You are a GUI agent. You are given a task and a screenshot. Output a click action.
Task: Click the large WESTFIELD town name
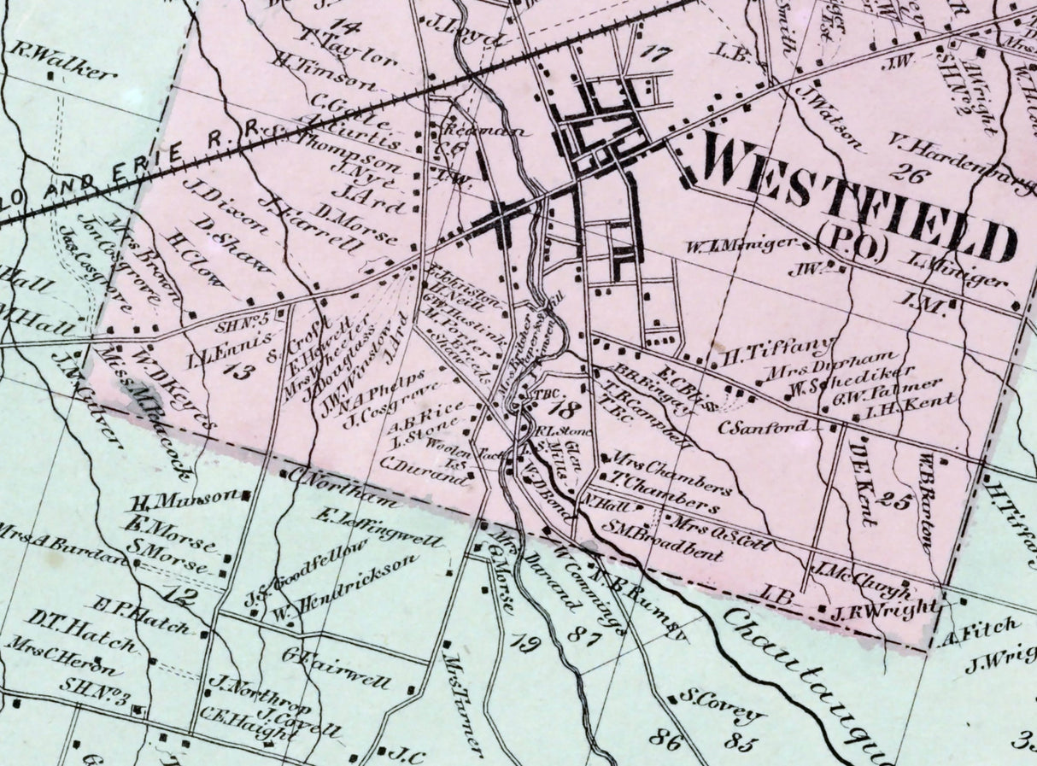coord(858,196)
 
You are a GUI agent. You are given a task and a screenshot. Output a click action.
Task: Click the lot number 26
coord(908,172)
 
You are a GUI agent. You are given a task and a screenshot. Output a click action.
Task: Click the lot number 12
coord(184,596)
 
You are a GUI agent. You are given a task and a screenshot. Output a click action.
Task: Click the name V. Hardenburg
coord(961,159)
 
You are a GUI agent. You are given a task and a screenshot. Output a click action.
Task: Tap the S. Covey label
coord(722,705)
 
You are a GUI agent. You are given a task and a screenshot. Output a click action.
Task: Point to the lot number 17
coord(654,54)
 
